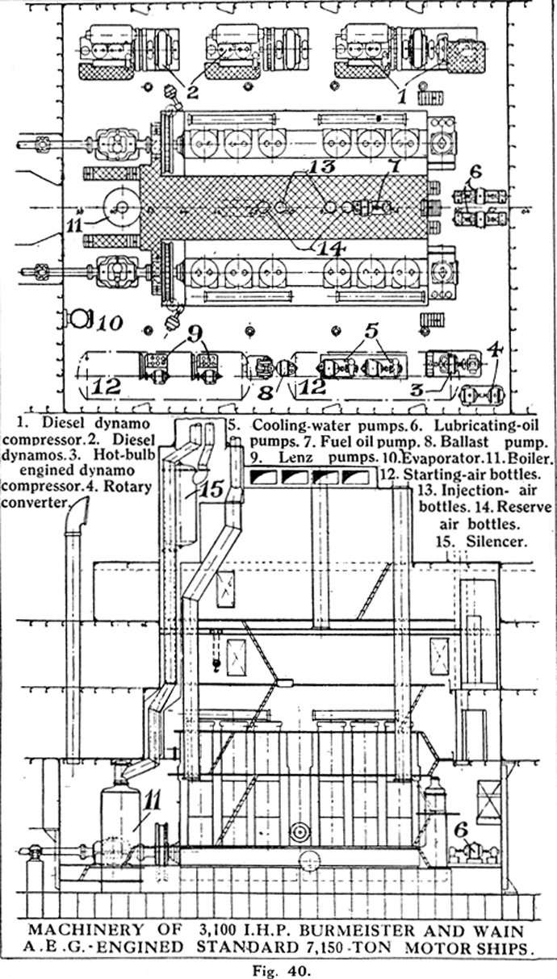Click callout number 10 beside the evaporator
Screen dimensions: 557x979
pos(109,323)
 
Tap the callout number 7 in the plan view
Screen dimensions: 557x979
pos(395,167)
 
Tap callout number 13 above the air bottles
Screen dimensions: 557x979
pos(322,166)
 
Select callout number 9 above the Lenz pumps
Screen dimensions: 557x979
pos(195,334)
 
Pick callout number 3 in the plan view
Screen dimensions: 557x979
pos(417,389)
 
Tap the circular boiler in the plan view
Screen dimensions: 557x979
pos(122,207)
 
